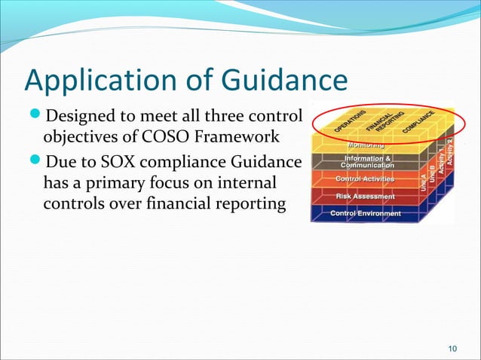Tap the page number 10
pyautogui.click(x=452, y=347)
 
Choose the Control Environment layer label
pyautogui.click(x=366, y=214)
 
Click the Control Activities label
pyautogui.click(x=365, y=179)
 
